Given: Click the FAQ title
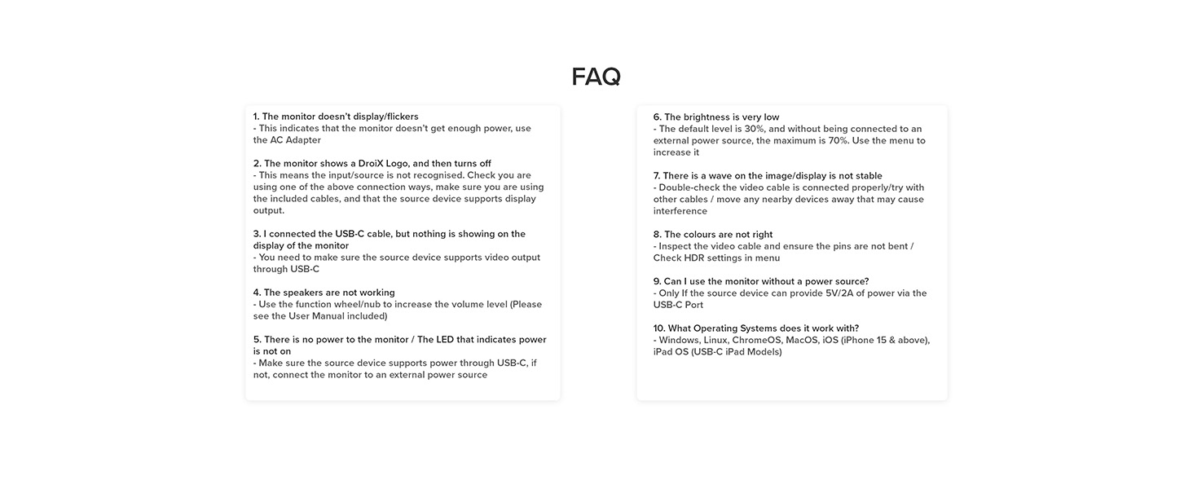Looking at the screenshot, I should tap(596, 77).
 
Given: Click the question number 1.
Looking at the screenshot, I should tap(256, 117).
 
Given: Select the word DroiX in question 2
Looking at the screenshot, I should tap(372, 163).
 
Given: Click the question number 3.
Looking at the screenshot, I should tap(257, 234).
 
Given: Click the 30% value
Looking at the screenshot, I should tap(755, 129).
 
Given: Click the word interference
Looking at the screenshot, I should tap(680, 211).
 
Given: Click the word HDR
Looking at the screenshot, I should tap(698, 258).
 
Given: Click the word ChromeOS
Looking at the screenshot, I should tap(757, 340).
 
